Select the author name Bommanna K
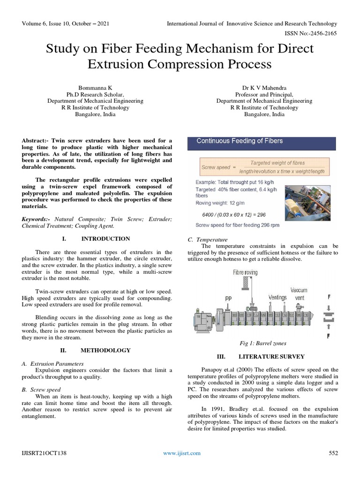[95, 88]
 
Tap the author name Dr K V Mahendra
[264, 88]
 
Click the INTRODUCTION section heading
[105, 239]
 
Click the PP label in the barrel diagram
[228, 297]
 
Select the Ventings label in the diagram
[277, 297]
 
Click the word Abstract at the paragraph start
[35, 140]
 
